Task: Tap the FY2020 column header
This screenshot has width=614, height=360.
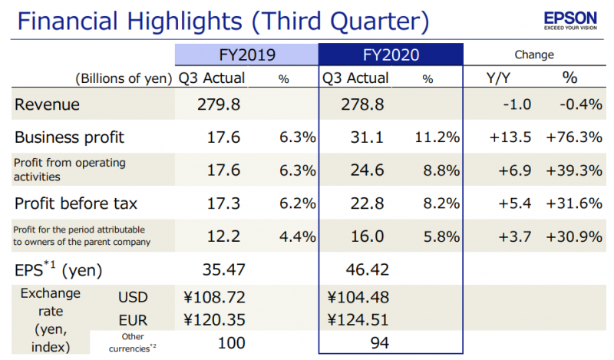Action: tap(391, 54)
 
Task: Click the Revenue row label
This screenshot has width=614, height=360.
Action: tap(48, 105)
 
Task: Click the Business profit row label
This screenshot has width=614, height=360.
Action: tap(70, 138)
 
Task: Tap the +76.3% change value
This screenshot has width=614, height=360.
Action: tap(573, 138)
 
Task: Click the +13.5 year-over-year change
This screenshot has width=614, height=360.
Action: tap(509, 138)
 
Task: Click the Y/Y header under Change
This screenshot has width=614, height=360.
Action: tap(500, 78)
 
